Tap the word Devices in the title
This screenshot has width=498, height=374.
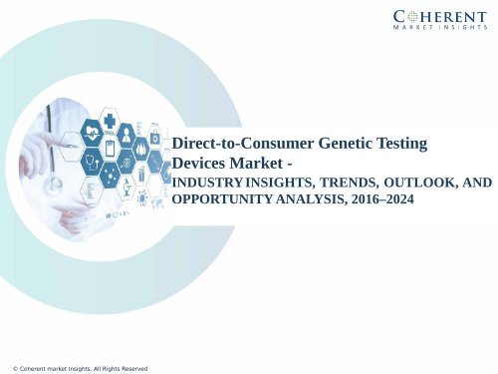pyautogui.click(x=200, y=164)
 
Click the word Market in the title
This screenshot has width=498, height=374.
pyautogui.click(x=258, y=164)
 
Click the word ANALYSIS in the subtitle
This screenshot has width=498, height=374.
pyautogui.click(x=305, y=200)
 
